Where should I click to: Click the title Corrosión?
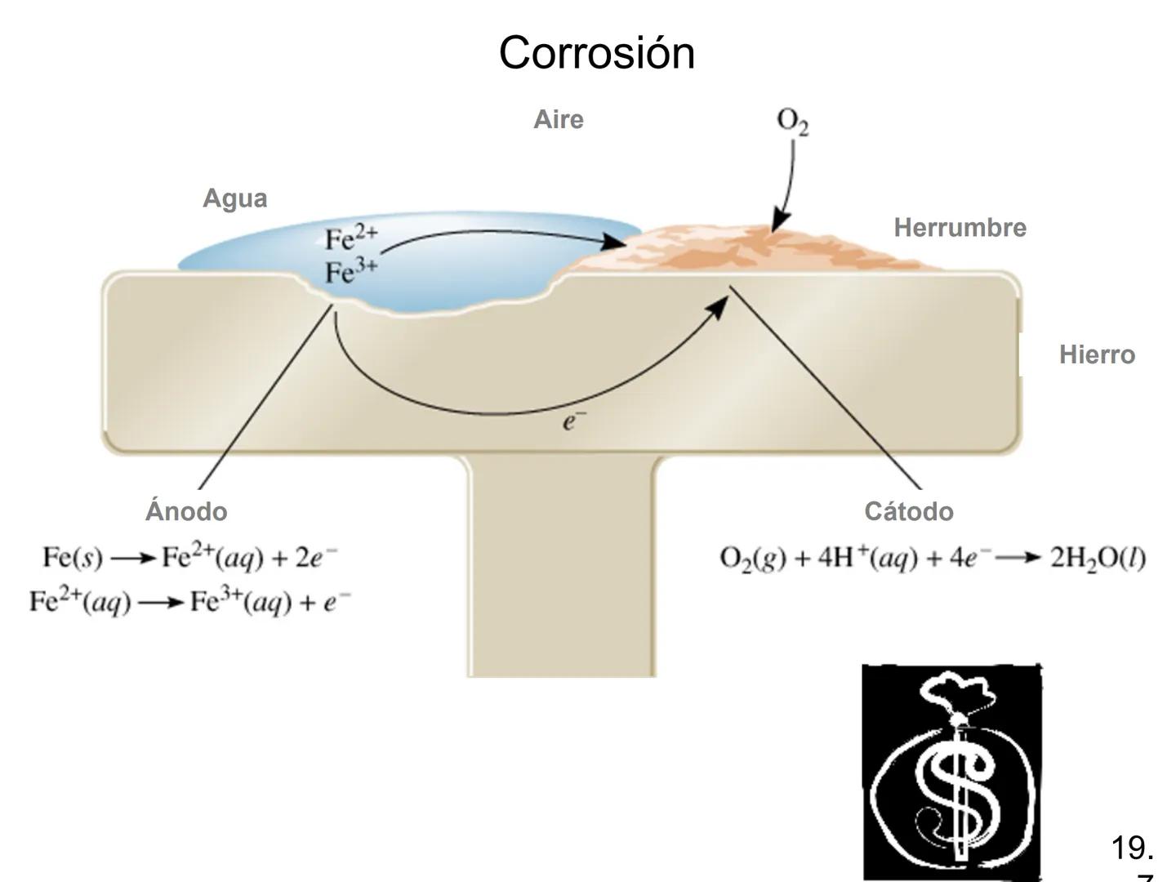[x=596, y=53]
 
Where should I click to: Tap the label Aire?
[x=559, y=119]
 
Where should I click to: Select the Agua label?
[x=235, y=198]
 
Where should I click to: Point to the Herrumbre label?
[x=960, y=227]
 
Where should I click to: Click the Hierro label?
[x=1097, y=354]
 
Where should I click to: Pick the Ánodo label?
[x=186, y=511]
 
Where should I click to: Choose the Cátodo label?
[x=909, y=511]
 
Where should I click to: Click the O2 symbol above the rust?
[x=793, y=122]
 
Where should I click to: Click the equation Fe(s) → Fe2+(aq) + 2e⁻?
[x=189, y=559]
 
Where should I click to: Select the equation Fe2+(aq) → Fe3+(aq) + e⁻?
[x=189, y=603]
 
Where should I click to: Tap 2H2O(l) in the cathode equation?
[x=1098, y=559]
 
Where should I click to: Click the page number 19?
[x=1131, y=849]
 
